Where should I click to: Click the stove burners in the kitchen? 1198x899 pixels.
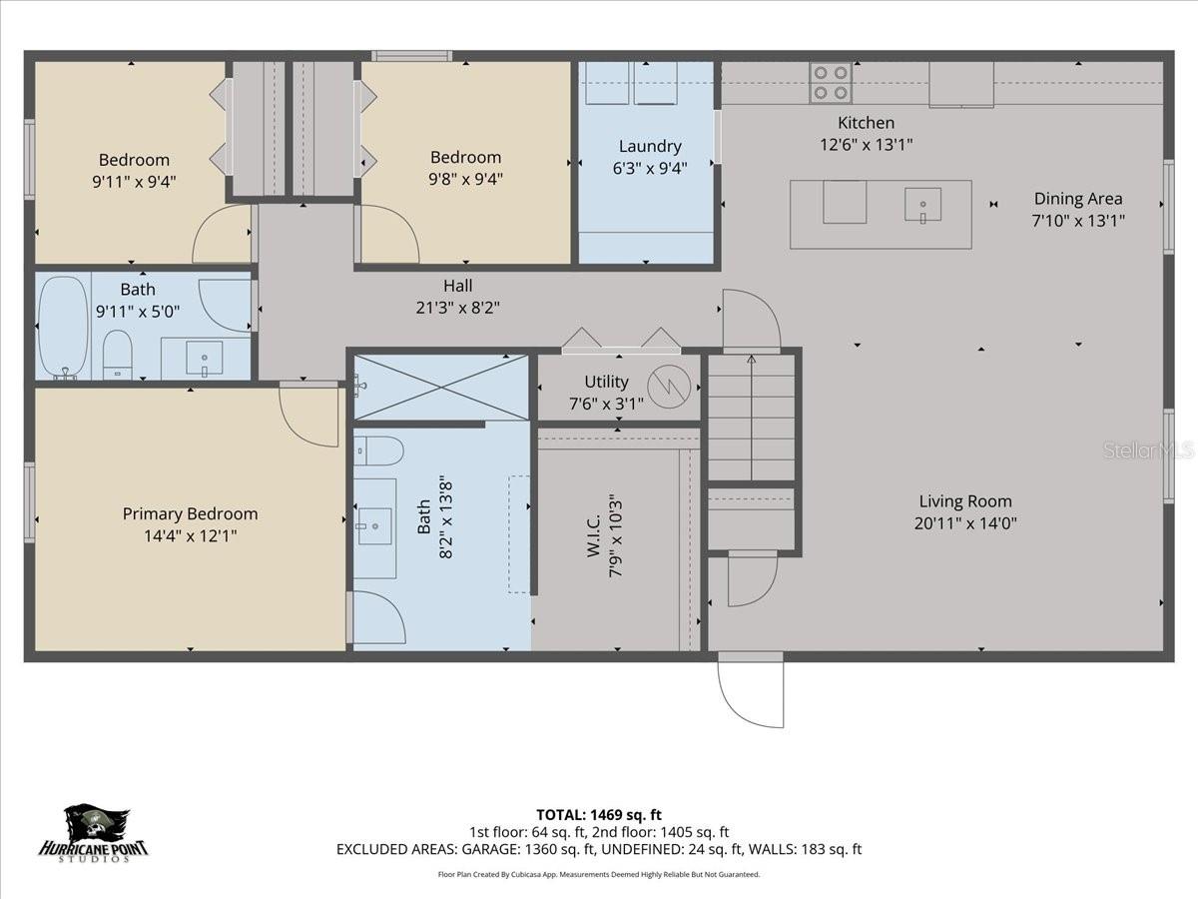[x=831, y=82]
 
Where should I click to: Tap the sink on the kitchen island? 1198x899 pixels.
[x=922, y=205]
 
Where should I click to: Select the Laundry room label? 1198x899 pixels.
[x=650, y=147]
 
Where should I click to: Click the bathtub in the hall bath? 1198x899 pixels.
[x=62, y=326]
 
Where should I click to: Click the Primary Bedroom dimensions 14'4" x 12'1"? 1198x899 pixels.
[x=190, y=536]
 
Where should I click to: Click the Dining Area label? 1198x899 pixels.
[x=1077, y=199]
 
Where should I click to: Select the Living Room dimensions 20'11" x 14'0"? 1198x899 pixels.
[x=965, y=522]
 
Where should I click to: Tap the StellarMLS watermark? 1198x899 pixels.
[x=1148, y=451]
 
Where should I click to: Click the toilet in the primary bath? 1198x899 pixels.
[x=379, y=450]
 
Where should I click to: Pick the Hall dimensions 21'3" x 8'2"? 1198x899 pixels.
[x=457, y=309]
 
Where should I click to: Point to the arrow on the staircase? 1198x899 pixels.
[x=751, y=415]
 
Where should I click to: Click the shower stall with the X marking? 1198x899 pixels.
[x=441, y=387]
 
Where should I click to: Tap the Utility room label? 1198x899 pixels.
[x=606, y=382]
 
